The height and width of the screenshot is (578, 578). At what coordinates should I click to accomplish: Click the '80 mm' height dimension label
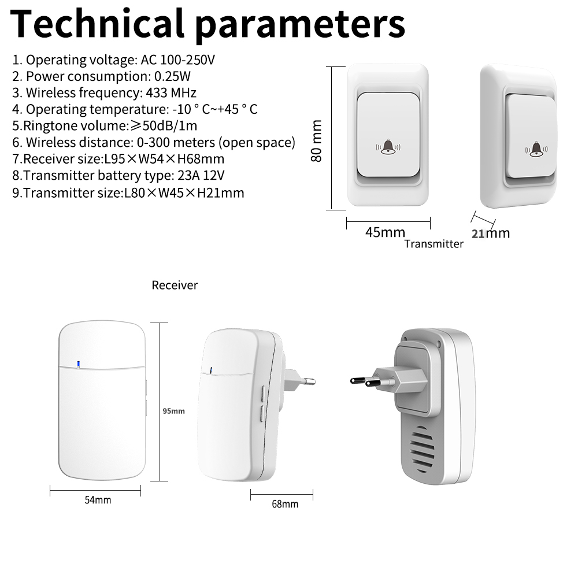tap(317, 140)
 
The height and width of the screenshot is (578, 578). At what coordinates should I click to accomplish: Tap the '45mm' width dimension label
tap(385, 232)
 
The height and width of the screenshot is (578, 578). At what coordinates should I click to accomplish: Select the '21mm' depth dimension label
tap(491, 234)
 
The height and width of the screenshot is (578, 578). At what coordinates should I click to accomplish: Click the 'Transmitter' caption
tap(433, 244)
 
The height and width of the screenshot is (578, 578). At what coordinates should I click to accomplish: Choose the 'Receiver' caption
tap(175, 285)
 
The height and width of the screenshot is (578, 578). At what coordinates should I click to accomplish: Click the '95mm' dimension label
tap(173, 411)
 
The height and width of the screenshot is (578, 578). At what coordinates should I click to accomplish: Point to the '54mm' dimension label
tap(98, 500)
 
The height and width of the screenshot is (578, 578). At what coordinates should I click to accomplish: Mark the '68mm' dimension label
tap(285, 504)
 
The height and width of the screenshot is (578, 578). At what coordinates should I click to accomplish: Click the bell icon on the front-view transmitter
tap(387, 147)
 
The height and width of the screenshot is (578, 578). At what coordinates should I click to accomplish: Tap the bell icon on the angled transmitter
tap(536, 150)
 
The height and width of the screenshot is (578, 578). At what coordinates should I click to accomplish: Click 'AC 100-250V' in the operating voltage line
tap(179, 60)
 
